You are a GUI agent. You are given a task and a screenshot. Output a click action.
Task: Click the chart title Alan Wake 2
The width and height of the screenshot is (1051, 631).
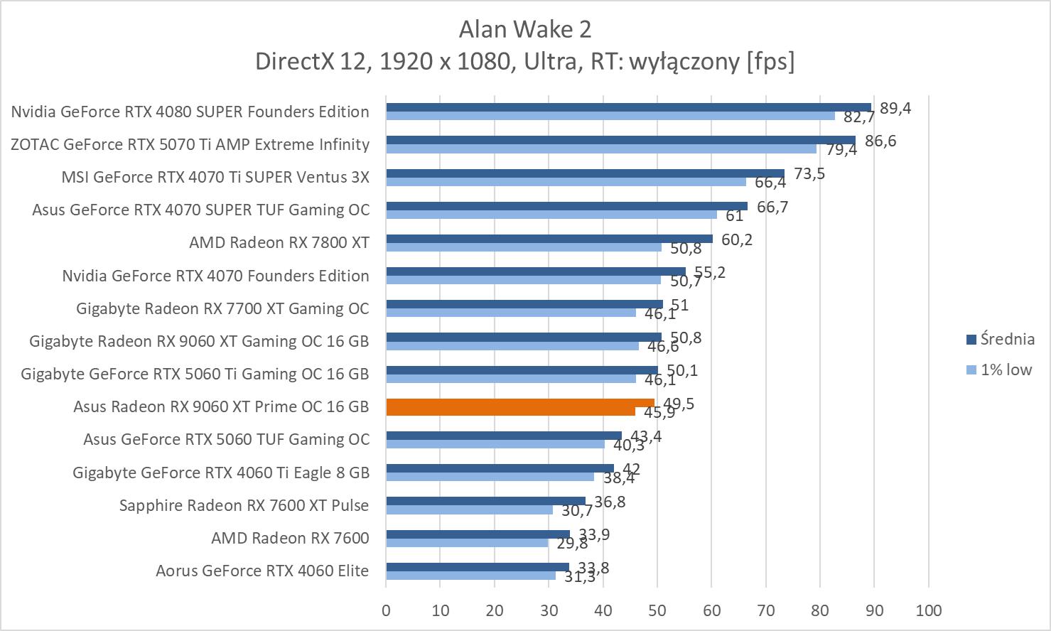524,29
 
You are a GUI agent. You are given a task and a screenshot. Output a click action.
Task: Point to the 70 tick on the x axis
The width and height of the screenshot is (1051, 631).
765,610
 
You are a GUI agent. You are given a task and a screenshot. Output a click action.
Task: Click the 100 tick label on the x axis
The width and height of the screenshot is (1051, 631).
928,610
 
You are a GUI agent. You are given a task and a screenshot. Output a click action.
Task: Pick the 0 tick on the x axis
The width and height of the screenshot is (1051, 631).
386,610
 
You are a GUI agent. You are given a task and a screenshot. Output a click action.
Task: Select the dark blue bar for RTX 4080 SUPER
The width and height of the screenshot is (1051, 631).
628,107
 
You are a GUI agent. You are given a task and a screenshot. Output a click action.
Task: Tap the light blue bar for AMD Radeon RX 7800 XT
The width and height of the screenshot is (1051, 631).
523,247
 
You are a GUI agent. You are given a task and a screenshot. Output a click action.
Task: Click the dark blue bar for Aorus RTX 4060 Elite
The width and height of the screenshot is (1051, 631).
477,566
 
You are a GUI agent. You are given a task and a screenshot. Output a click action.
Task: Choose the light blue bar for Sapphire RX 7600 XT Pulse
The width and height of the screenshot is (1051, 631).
469,509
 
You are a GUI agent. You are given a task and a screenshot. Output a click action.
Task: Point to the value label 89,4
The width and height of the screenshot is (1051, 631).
895,108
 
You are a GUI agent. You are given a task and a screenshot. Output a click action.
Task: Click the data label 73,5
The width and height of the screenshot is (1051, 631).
809,173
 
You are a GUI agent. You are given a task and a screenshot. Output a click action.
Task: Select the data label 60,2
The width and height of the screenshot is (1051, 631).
737,239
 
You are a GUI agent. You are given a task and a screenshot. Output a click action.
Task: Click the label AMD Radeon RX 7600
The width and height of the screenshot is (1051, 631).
290,538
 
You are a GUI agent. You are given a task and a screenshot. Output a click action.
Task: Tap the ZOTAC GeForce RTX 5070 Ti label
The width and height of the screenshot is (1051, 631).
190,144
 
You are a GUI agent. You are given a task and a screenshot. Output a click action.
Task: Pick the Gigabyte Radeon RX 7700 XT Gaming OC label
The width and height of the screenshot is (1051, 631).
222,308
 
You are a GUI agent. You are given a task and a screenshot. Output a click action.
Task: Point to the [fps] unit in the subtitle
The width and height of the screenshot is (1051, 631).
770,62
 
